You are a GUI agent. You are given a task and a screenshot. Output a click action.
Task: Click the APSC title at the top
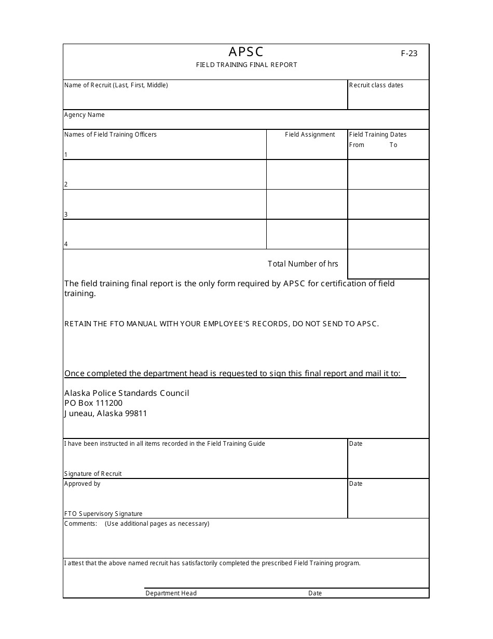point(246,52)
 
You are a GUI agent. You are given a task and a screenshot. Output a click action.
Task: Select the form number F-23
point(409,53)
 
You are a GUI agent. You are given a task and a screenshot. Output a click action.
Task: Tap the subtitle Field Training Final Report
point(246,65)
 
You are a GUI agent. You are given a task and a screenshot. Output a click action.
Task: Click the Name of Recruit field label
point(116,85)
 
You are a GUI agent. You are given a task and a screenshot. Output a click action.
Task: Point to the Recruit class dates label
point(376,85)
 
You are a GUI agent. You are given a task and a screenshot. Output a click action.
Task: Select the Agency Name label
point(85,115)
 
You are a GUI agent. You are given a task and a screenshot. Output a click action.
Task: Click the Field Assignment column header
point(310,135)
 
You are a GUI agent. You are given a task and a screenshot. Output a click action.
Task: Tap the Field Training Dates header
point(378,135)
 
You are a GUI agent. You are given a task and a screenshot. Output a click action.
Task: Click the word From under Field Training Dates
point(357,145)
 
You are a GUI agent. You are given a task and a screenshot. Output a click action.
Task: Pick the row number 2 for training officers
point(66,184)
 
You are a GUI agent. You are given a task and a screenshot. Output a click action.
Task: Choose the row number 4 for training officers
point(66,244)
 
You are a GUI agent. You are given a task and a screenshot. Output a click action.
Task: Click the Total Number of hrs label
point(303,264)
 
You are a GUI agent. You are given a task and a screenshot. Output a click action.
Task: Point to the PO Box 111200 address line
point(93,403)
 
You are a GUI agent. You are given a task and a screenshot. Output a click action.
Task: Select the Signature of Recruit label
point(93,474)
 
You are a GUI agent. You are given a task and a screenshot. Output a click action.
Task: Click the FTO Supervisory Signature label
point(103,514)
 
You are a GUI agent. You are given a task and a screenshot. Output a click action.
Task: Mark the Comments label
point(80,524)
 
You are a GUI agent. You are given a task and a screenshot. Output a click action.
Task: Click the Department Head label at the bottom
point(171,593)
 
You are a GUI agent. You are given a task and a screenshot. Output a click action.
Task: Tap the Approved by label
point(82,484)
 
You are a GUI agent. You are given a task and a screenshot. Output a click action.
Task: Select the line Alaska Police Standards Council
point(127,393)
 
